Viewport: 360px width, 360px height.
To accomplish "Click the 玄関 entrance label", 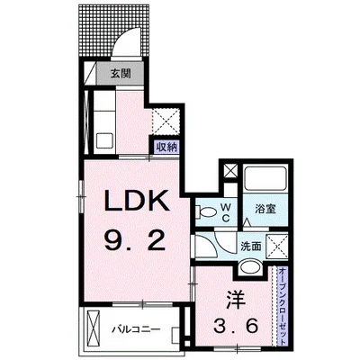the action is click(x=121, y=74).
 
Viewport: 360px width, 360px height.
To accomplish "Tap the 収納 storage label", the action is click(x=166, y=148).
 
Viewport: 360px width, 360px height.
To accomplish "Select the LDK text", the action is click(x=136, y=201).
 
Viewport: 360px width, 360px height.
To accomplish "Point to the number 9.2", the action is click(x=135, y=242).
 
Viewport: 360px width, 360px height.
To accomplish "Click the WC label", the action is click(x=226, y=212).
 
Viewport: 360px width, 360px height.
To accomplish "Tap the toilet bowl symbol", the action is click(x=206, y=212).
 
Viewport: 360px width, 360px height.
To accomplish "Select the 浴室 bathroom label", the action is click(x=265, y=209).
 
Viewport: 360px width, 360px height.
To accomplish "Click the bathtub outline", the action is click(x=265, y=178).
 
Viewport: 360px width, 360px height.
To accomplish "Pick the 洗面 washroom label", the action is click(x=251, y=247).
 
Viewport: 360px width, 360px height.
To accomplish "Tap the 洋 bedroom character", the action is click(x=235, y=300).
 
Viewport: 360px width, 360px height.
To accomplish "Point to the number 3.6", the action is click(x=236, y=326).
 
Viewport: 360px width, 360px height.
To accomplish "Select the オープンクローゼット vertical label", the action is click(x=283, y=306).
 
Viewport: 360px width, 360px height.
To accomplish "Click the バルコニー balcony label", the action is click(x=137, y=329).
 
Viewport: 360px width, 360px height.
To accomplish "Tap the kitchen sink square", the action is click(x=104, y=140).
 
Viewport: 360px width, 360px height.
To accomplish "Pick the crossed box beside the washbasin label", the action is click(x=277, y=247).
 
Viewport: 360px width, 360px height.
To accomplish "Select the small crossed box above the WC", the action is click(x=231, y=171).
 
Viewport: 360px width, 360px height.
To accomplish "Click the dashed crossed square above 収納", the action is click(x=166, y=121).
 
